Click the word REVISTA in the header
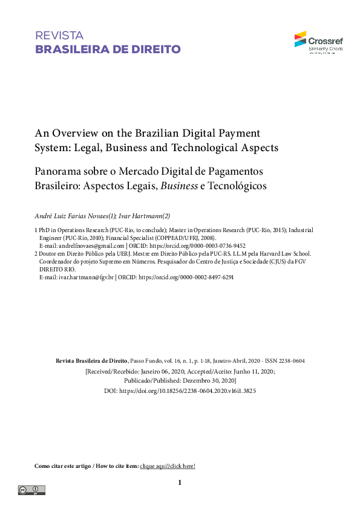[x=59, y=36]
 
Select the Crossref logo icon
[x=301, y=39]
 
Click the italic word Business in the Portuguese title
[x=178, y=186]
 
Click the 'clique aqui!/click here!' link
[x=168, y=466]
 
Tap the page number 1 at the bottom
[x=180, y=482]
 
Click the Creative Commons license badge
[x=31, y=490]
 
